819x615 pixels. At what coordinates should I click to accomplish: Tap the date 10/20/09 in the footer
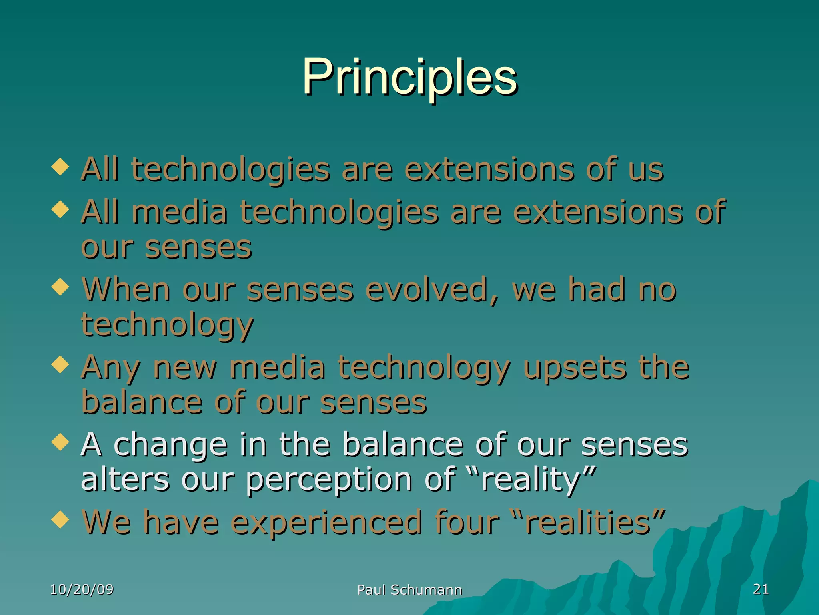click(x=82, y=589)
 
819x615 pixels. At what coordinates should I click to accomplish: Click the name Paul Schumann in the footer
click(x=409, y=590)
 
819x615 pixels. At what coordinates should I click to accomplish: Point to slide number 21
click(x=761, y=589)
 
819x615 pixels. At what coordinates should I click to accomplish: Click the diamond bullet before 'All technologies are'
click(x=60, y=167)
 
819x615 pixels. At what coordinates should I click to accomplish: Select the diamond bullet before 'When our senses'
click(x=60, y=287)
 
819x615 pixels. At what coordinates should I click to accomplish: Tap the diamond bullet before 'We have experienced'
click(x=60, y=520)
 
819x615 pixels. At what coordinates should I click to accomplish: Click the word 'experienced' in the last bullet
click(x=327, y=523)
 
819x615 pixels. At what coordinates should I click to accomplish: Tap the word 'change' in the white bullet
click(x=170, y=445)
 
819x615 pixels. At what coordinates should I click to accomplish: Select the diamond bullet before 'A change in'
click(x=60, y=442)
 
